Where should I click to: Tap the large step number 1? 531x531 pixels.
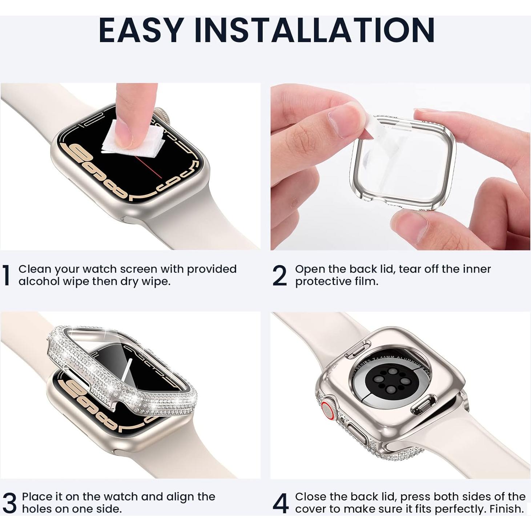point(6,275)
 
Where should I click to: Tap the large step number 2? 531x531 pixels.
point(279,275)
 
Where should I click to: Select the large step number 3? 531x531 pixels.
point(9,503)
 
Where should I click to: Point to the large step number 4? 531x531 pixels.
point(280,503)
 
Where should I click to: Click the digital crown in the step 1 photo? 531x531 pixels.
point(163,116)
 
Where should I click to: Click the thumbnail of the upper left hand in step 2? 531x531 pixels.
point(342,120)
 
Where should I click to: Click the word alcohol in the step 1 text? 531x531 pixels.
point(39,281)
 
